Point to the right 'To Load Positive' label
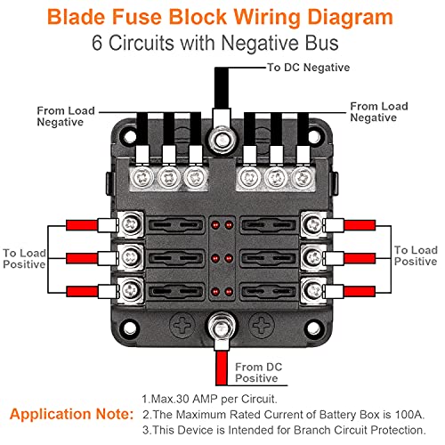(x=415, y=256)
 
